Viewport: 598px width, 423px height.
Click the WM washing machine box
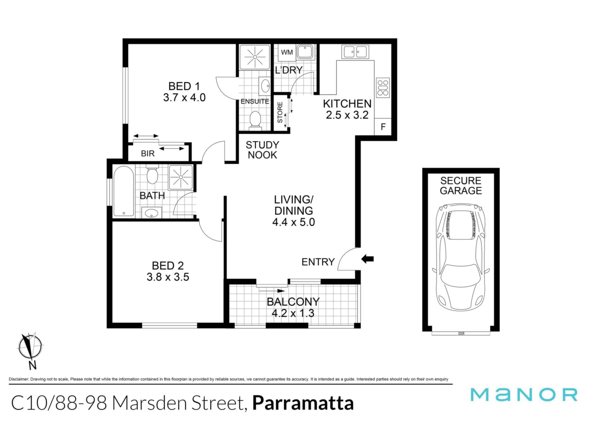click(287, 52)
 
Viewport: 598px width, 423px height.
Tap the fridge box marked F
click(383, 127)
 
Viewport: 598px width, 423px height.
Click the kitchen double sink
click(355, 52)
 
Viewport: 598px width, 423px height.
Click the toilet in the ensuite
click(255, 120)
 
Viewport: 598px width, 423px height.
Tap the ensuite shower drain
click(255, 57)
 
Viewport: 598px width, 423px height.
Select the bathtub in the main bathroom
click(124, 191)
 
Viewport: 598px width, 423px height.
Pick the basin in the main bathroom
click(152, 213)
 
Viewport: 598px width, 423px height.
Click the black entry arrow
click(368, 259)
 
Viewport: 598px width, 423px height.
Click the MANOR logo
click(524, 395)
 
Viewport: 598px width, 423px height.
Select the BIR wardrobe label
click(148, 153)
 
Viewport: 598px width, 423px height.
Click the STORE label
click(280, 113)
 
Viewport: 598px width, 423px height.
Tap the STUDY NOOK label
click(262, 150)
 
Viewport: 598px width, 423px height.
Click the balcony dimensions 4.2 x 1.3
click(293, 313)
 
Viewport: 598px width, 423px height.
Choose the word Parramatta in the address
click(303, 403)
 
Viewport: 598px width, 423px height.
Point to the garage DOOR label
click(461, 334)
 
